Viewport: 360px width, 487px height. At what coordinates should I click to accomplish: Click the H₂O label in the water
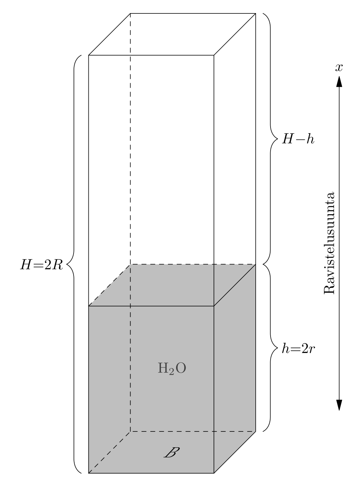click(x=171, y=368)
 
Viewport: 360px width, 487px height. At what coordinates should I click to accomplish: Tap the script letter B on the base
click(x=171, y=453)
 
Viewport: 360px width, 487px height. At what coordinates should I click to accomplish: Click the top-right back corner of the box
click(x=256, y=13)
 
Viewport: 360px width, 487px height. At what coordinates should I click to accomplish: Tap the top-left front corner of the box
click(x=88, y=55)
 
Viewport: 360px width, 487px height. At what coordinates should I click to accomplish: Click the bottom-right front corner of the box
click(x=214, y=473)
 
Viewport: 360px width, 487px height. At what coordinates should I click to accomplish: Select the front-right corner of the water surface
click(x=214, y=306)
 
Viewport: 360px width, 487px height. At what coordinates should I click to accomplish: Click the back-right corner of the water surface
click(x=256, y=264)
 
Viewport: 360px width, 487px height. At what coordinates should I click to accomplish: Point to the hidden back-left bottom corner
click(x=130, y=431)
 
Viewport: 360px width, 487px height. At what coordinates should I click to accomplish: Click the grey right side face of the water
click(x=235, y=368)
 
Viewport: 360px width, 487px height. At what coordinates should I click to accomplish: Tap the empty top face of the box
click(x=172, y=34)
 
